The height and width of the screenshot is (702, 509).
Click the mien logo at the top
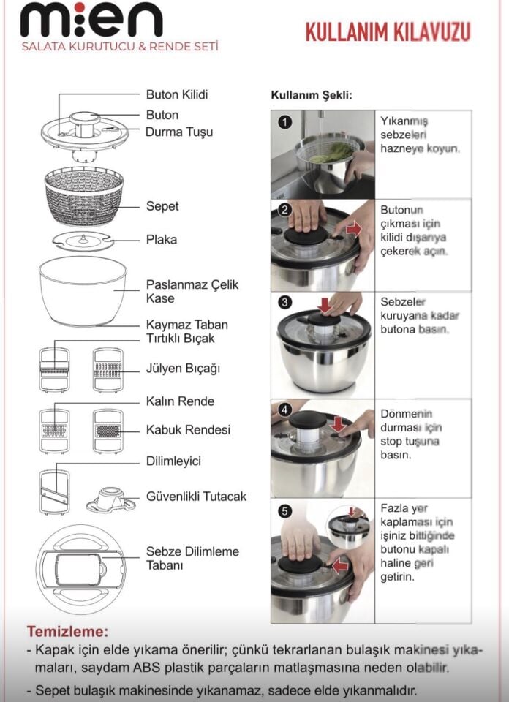(91, 20)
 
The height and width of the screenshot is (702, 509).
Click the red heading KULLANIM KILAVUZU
(387, 32)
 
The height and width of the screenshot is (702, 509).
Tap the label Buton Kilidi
(177, 95)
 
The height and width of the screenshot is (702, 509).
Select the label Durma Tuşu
(179, 132)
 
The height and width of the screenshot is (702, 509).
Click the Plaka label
(161, 240)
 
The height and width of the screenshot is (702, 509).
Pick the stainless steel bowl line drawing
(82, 290)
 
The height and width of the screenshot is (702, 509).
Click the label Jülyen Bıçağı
(183, 369)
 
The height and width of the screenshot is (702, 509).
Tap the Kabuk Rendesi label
(188, 430)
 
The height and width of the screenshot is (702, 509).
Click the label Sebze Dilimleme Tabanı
(192, 558)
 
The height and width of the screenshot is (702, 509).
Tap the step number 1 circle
(284, 122)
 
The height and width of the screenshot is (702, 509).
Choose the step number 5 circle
(284, 510)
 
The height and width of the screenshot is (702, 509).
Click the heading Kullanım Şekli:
(312, 96)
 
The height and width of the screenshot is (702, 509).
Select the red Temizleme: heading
(67, 631)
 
